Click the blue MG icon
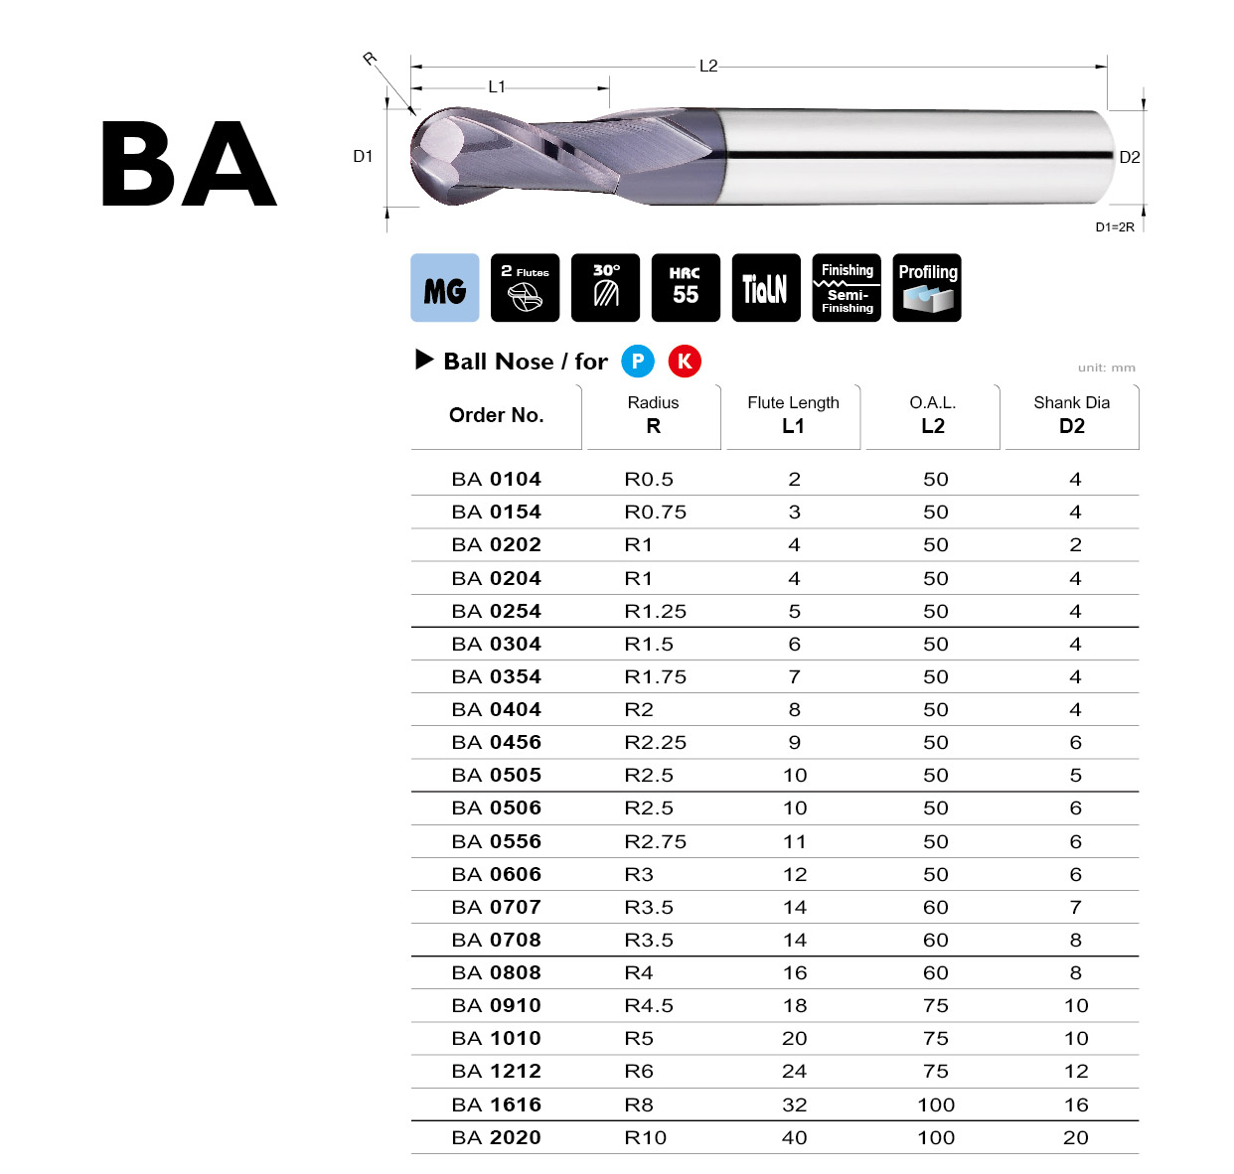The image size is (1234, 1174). tap(444, 288)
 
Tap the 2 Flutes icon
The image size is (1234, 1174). tap(525, 288)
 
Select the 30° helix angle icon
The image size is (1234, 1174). tap(605, 288)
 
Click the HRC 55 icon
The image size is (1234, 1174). tap(686, 288)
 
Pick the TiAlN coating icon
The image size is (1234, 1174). tap(765, 288)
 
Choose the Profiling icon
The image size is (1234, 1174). tap(926, 288)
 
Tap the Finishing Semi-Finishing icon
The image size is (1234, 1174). tap(847, 288)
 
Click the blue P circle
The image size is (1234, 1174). tap(638, 362)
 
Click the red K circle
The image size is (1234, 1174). tap(684, 362)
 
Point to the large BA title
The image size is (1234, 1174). tap(189, 165)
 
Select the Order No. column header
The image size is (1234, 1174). tap(496, 415)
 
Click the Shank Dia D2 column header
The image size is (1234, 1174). tap(1071, 415)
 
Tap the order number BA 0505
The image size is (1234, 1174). tap(496, 776)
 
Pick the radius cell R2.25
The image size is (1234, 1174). tap(655, 743)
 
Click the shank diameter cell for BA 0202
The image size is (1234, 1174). tap(1075, 545)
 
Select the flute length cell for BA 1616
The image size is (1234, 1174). tap(794, 1104)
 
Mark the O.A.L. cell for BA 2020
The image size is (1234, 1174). tap(935, 1138)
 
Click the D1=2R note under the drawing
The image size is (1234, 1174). tap(1114, 227)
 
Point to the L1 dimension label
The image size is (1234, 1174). tap(497, 87)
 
